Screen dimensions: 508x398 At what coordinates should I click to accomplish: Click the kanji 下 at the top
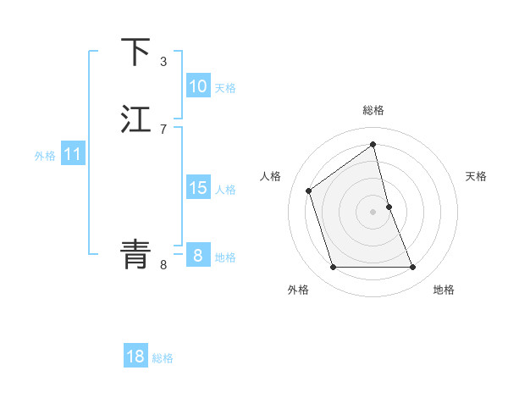[x=136, y=52]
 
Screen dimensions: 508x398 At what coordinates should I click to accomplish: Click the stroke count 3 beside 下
[x=163, y=61]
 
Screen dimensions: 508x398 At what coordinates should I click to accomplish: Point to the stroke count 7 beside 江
[x=163, y=129]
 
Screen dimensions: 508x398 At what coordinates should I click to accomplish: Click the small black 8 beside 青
[x=163, y=264]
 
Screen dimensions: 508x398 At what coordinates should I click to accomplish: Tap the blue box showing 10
[x=197, y=86]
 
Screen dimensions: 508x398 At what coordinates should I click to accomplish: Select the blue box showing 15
[x=197, y=188]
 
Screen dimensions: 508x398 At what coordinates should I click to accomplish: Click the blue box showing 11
[x=72, y=155]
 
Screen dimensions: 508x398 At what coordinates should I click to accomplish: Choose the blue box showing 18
[x=135, y=357]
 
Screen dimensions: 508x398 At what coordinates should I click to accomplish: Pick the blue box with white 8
[x=197, y=256]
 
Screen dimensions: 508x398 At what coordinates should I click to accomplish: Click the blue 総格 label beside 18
[x=163, y=358]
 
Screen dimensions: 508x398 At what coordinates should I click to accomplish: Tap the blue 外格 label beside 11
[x=45, y=156]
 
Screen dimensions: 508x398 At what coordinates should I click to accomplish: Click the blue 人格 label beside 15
[x=226, y=190]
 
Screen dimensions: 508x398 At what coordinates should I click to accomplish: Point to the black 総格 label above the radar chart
[x=373, y=111]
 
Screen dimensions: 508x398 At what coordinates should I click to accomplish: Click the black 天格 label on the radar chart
[x=477, y=176]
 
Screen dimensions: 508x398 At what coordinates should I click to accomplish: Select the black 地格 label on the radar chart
[x=444, y=290]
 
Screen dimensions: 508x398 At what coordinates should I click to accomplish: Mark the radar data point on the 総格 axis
[x=373, y=144]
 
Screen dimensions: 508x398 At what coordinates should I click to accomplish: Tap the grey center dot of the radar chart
[x=373, y=212]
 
